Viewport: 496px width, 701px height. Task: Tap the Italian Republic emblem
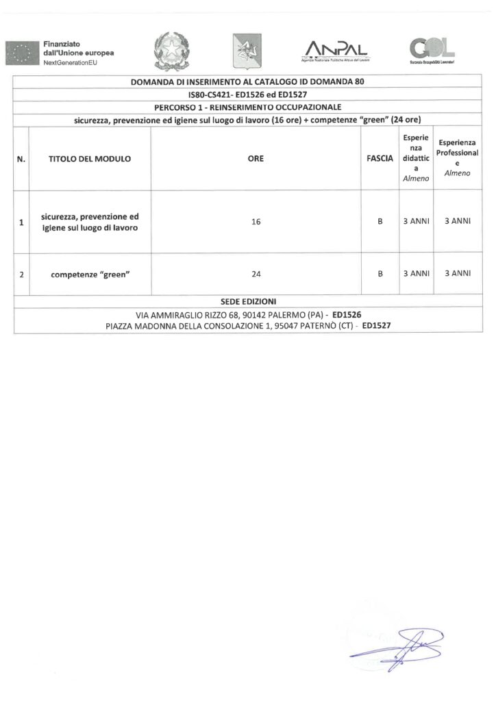coord(168,50)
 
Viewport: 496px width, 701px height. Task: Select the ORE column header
coord(256,159)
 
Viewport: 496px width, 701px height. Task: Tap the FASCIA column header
coord(380,159)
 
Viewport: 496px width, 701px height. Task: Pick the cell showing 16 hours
coord(256,222)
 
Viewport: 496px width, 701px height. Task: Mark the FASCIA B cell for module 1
coord(380,222)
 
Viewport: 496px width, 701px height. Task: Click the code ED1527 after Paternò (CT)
coord(377,325)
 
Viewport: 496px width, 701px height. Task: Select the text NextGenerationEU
coord(71,62)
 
